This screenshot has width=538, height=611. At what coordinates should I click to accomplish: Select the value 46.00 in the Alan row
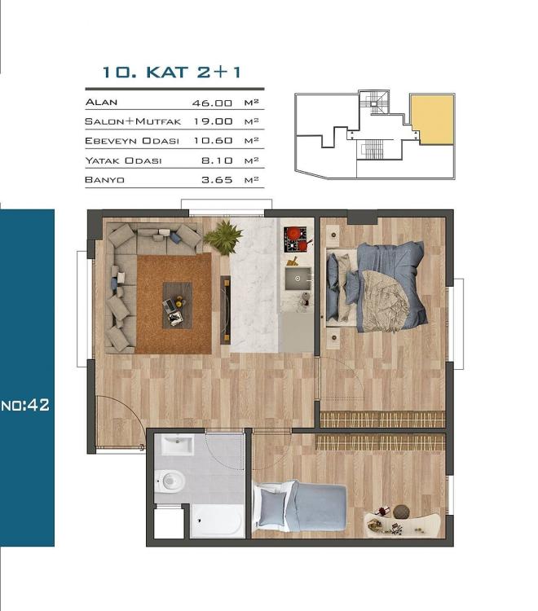(x=205, y=102)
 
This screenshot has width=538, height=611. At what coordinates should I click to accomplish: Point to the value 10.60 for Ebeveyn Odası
(x=205, y=141)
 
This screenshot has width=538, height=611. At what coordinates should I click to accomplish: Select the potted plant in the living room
(x=223, y=237)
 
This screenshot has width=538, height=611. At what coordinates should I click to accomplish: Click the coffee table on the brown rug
(x=176, y=304)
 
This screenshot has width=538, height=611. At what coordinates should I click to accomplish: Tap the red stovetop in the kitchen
(x=295, y=239)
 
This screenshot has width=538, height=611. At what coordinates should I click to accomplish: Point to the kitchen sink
(x=298, y=279)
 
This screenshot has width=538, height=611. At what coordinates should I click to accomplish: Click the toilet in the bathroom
(x=170, y=481)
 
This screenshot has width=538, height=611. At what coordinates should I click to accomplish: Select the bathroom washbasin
(x=177, y=446)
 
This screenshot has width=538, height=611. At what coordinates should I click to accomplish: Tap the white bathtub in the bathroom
(x=217, y=520)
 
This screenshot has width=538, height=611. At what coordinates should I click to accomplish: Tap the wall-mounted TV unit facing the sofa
(x=225, y=310)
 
